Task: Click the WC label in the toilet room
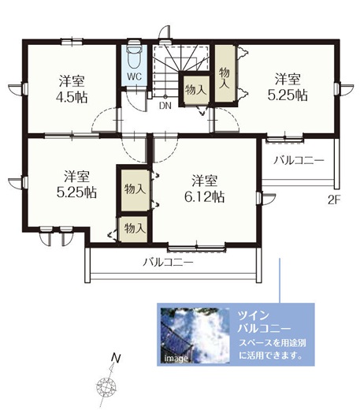tap(134, 76)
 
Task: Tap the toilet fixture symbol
tap(134, 55)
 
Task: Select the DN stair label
tap(165, 106)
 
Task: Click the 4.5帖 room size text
tap(72, 97)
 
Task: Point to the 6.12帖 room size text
tap(204, 196)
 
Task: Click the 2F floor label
tap(334, 200)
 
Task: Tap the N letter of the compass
tap(116, 358)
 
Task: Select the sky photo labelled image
tap(195, 335)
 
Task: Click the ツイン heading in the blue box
tap(253, 315)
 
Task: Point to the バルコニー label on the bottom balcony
tap(169, 263)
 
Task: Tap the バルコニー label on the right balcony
tap(299, 160)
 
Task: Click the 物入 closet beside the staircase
tap(195, 90)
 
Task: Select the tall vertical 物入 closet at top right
tap(225, 73)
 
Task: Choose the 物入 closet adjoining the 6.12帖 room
tap(135, 190)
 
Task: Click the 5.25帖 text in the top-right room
tap(288, 95)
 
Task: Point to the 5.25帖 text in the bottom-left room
tap(76, 192)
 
